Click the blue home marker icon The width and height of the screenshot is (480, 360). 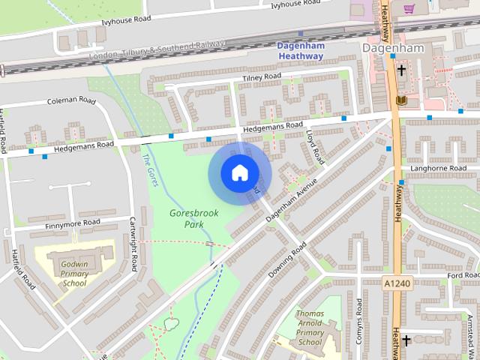(x=239, y=172)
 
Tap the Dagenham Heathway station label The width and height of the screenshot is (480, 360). (x=300, y=50)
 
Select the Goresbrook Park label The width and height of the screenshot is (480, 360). (x=194, y=218)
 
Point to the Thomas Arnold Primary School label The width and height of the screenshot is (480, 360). (x=310, y=328)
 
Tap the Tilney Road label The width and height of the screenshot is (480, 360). (x=262, y=77)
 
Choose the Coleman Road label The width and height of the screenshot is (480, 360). (x=72, y=100)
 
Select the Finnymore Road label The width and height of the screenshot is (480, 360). (x=73, y=223)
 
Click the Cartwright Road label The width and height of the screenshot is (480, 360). (x=133, y=244)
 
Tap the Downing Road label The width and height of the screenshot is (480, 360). (x=287, y=259)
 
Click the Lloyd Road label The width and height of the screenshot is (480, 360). (x=315, y=145)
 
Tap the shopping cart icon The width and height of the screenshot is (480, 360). (x=409, y=9)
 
